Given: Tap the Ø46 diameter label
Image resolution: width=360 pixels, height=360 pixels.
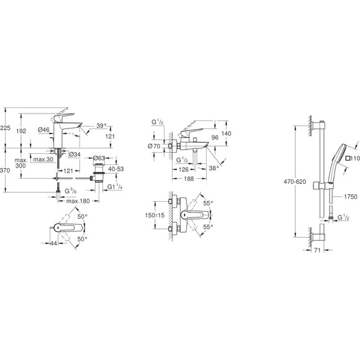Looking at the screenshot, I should [43, 130].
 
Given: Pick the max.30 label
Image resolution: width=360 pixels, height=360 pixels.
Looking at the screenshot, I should [42, 161].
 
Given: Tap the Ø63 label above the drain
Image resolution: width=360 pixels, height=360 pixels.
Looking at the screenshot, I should [99, 159].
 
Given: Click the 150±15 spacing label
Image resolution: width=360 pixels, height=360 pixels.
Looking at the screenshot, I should [153, 217].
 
